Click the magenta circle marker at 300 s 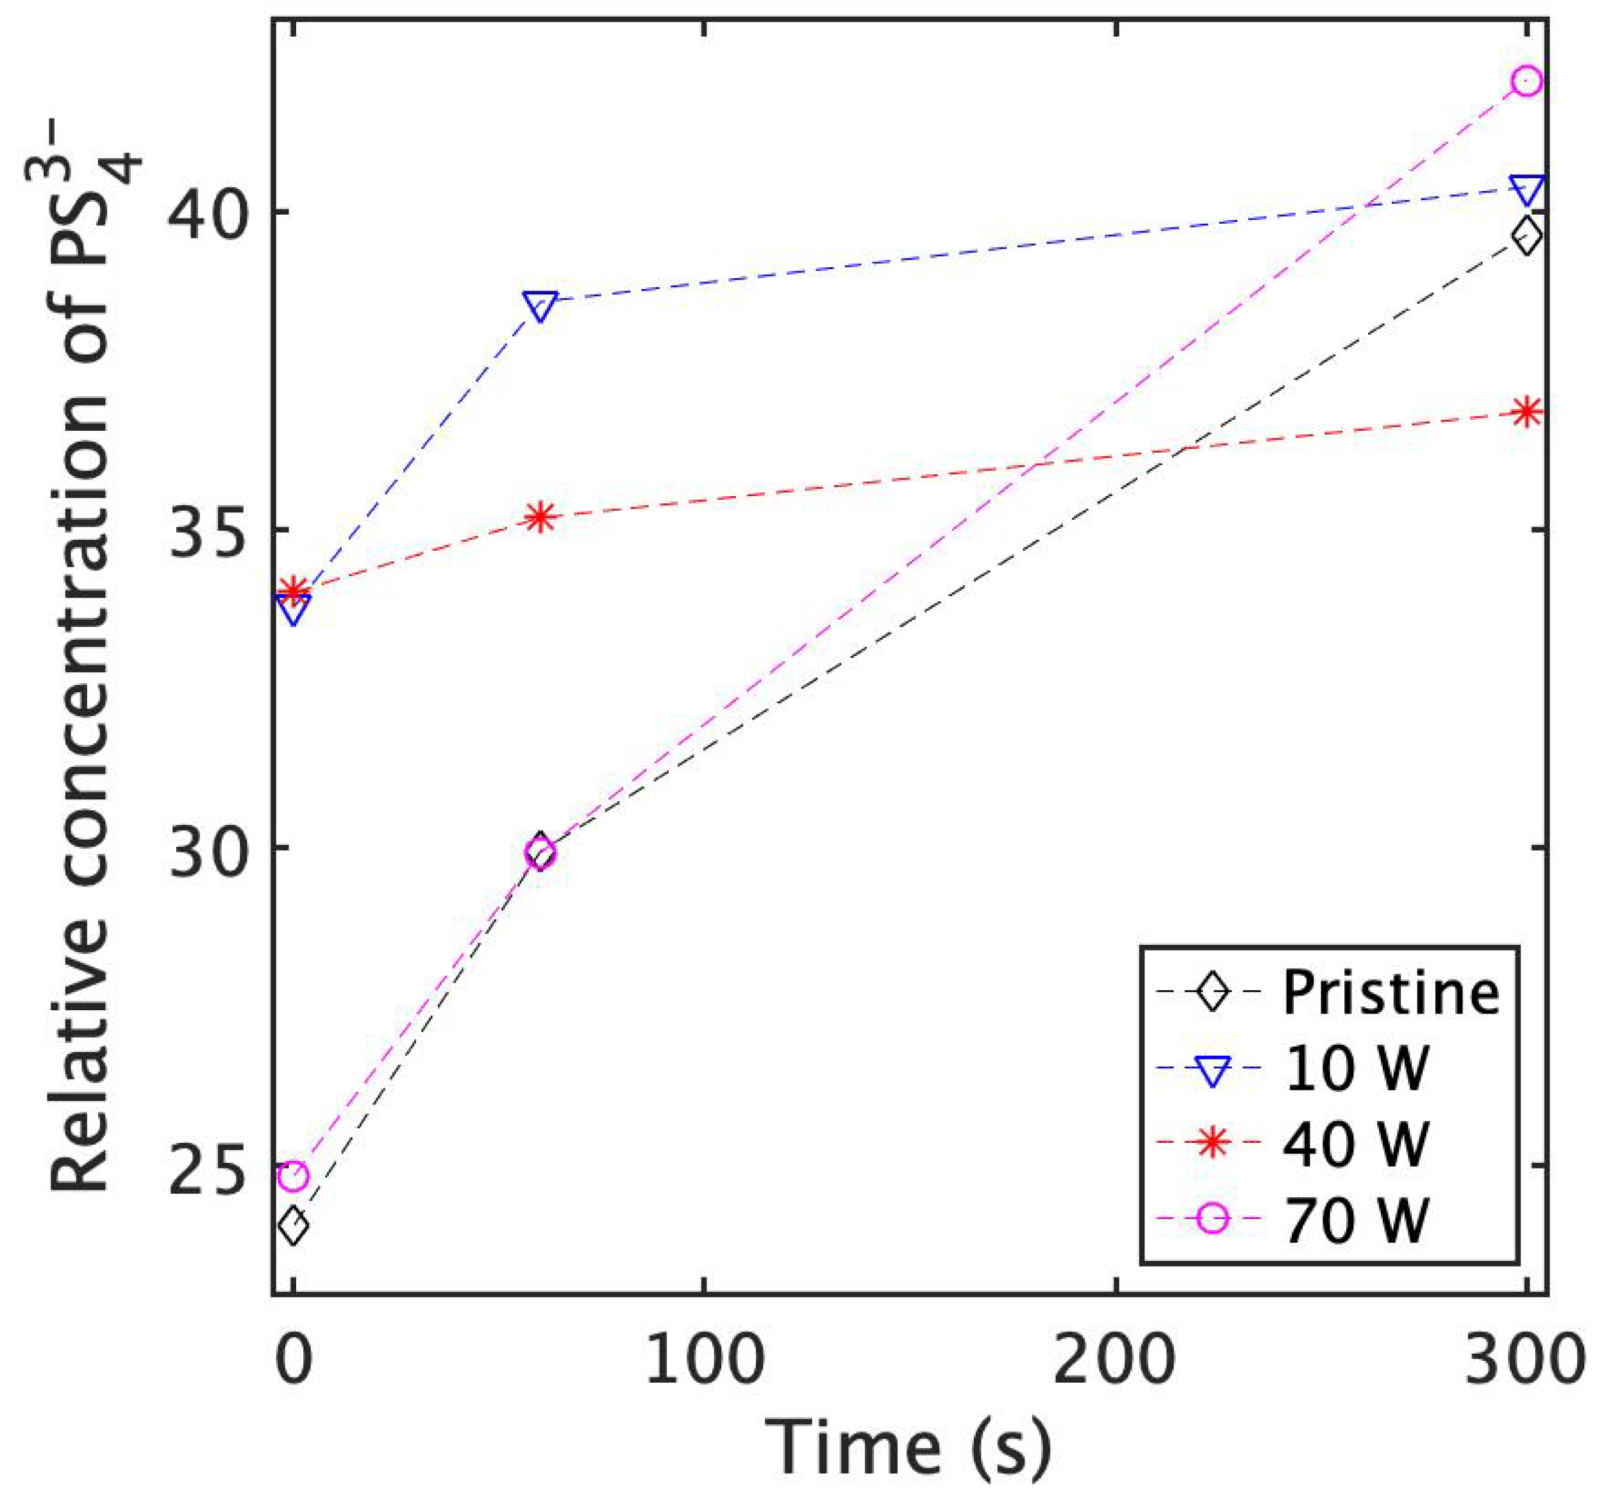1526,81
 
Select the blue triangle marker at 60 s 540,306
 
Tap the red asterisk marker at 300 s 1526,412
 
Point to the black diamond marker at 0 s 294,1226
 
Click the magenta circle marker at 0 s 294,1176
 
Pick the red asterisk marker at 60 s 540,517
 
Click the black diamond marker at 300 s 1526,237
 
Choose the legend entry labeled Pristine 1390,992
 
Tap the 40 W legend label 1355,1143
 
